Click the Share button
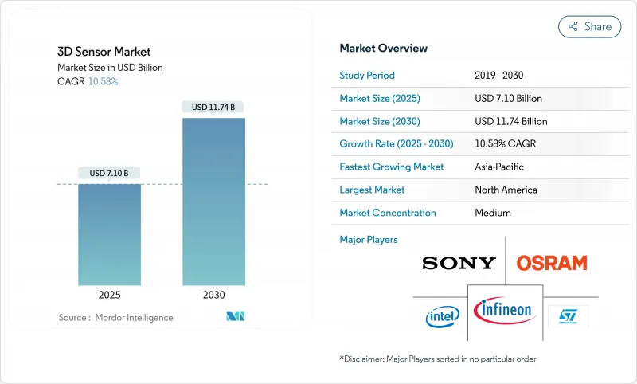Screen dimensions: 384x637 (x=590, y=26)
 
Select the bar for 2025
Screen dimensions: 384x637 (x=109, y=234)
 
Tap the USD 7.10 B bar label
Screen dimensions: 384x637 (x=109, y=173)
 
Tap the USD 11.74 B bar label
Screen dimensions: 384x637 (x=213, y=107)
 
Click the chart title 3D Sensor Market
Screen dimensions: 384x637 (x=104, y=52)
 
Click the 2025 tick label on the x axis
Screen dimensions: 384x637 (x=109, y=295)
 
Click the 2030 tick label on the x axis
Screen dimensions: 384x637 (x=213, y=295)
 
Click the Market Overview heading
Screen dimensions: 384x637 (x=384, y=48)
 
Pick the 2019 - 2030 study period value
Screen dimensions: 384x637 (x=499, y=76)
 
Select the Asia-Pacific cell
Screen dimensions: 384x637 (x=500, y=167)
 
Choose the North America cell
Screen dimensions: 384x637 (x=506, y=190)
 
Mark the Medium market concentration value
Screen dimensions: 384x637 (x=493, y=213)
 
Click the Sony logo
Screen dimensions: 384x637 (x=459, y=263)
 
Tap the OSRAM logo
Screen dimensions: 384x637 (x=552, y=263)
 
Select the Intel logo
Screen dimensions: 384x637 (x=442, y=316)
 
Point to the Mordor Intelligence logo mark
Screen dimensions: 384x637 (x=236, y=316)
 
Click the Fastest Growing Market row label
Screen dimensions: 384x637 (x=391, y=167)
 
